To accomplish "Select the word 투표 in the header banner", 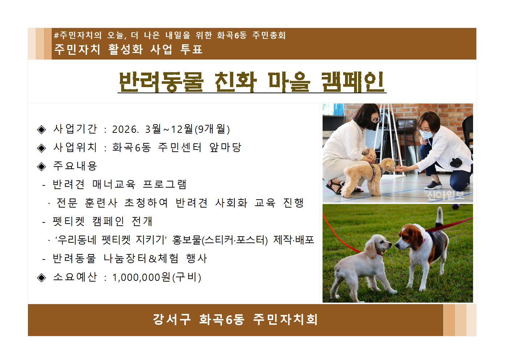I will (x=191, y=49).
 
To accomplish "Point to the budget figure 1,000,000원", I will (x=141, y=277).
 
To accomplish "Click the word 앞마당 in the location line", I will (x=225, y=147).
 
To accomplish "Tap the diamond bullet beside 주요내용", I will (x=42, y=166).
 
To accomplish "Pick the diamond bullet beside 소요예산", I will (x=42, y=278).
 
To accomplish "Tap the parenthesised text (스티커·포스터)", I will (x=234, y=240).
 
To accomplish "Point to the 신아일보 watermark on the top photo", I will (x=445, y=196).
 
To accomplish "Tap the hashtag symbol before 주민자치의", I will (x=56, y=36).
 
